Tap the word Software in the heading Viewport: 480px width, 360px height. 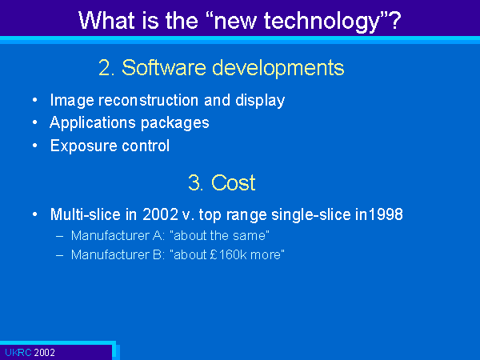[164, 67]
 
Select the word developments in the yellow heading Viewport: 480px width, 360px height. [278, 68]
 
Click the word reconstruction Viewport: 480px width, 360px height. [149, 100]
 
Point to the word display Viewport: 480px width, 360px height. [260, 101]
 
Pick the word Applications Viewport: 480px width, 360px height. [93, 123]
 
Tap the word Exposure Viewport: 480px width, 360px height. [83, 146]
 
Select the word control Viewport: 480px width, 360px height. [146, 146]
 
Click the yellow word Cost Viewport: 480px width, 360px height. [233, 182]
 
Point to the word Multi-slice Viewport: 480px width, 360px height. [85, 214]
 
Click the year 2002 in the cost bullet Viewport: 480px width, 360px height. [160, 214]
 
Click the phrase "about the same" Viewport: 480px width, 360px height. [219, 236]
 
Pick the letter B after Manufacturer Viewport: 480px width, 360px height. [157, 254]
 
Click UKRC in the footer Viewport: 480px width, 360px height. [18, 353]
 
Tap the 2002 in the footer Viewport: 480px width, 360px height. [44, 353]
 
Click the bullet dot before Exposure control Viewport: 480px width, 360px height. [35, 146]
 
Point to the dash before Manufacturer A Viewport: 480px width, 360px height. [60, 236]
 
